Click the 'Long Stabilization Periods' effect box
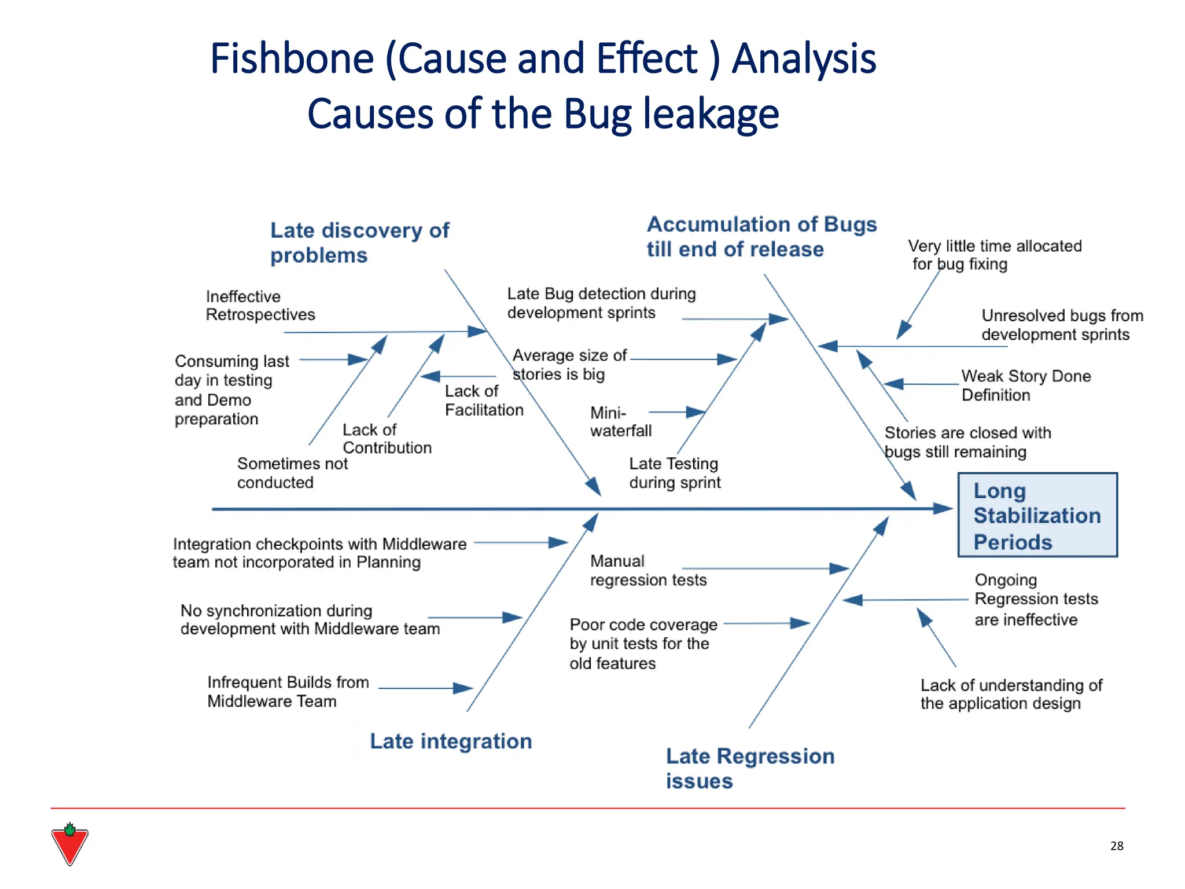click(1037, 515)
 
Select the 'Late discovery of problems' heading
click(359, 243)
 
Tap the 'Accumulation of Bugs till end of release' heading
click(761, 237)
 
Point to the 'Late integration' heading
click(451, 741)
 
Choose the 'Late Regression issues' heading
click(750, 768)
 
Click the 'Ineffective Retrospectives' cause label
click(260, 306)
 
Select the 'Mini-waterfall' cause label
click(620, 421)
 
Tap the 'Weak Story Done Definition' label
click(1026, 385)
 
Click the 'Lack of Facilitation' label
click(484, 401)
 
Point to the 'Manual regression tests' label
click(648, 570)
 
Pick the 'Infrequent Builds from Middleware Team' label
click(288, 692)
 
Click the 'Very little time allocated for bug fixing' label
click(994, 255)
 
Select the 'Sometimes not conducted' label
click(292, 473)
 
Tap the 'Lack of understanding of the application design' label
click(1011, 694)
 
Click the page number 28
click(1117, 846)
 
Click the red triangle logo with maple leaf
click(69, 844)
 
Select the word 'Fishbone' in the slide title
click(292, 58)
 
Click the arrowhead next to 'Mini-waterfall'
click(695, 412)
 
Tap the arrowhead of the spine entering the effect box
click(943, 509)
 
